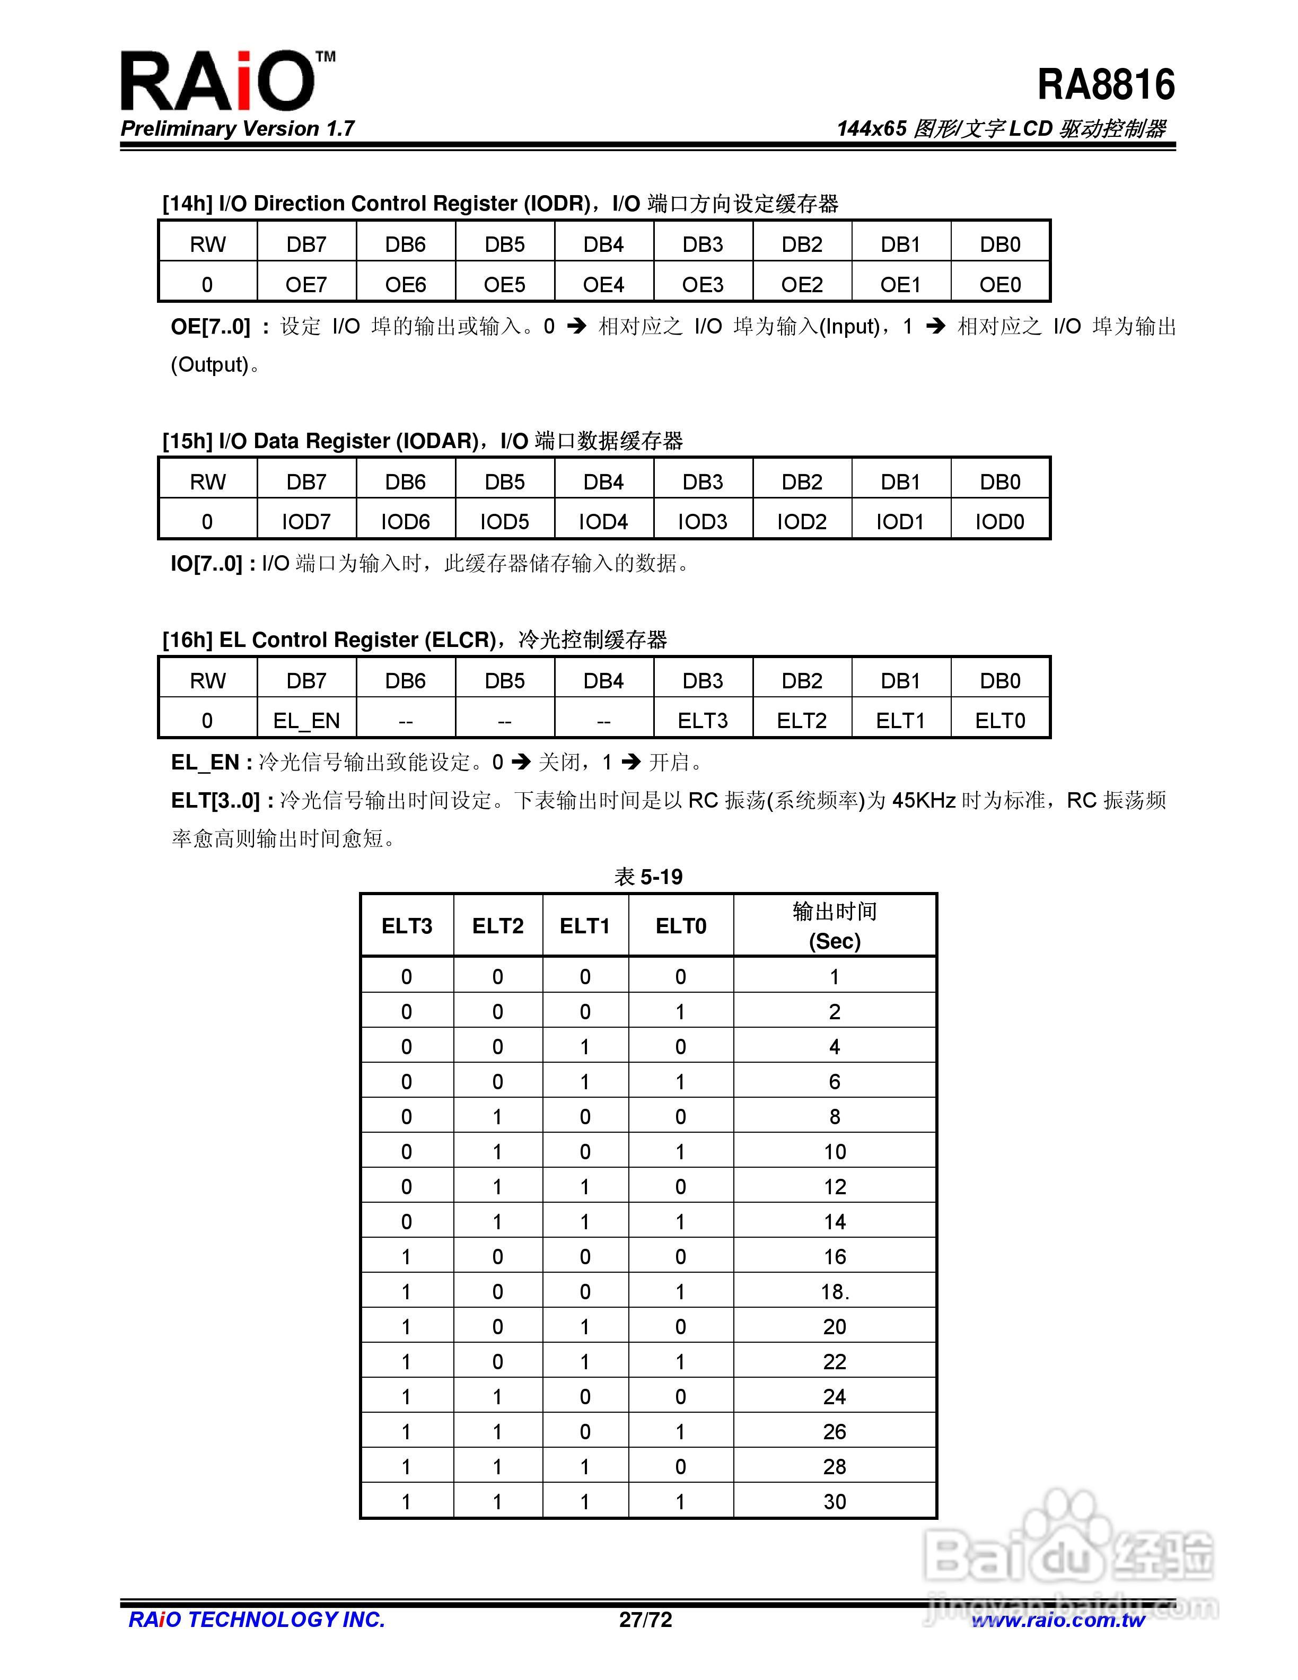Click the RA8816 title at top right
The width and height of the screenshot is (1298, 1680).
tap(1105, 85)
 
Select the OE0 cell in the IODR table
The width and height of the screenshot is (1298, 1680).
tap(999, 285)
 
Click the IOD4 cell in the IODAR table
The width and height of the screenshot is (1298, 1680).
tap(603, 521)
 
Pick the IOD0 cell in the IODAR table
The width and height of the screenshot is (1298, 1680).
tap(999, 521)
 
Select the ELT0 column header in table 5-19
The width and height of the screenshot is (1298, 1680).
tap(680, 925)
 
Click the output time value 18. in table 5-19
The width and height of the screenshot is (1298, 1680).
tap(835, 1291)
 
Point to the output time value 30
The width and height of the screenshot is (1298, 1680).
tap(835, 1501)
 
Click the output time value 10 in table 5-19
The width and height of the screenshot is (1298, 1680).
tap(835, 1151)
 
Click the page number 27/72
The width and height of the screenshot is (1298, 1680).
tap(645, 1620)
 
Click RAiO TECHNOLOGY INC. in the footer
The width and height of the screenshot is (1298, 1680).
tap(256, 1620)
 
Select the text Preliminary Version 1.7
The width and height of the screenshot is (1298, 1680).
tap(237, 128)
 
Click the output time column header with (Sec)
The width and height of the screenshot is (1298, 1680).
tap(835, 925)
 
